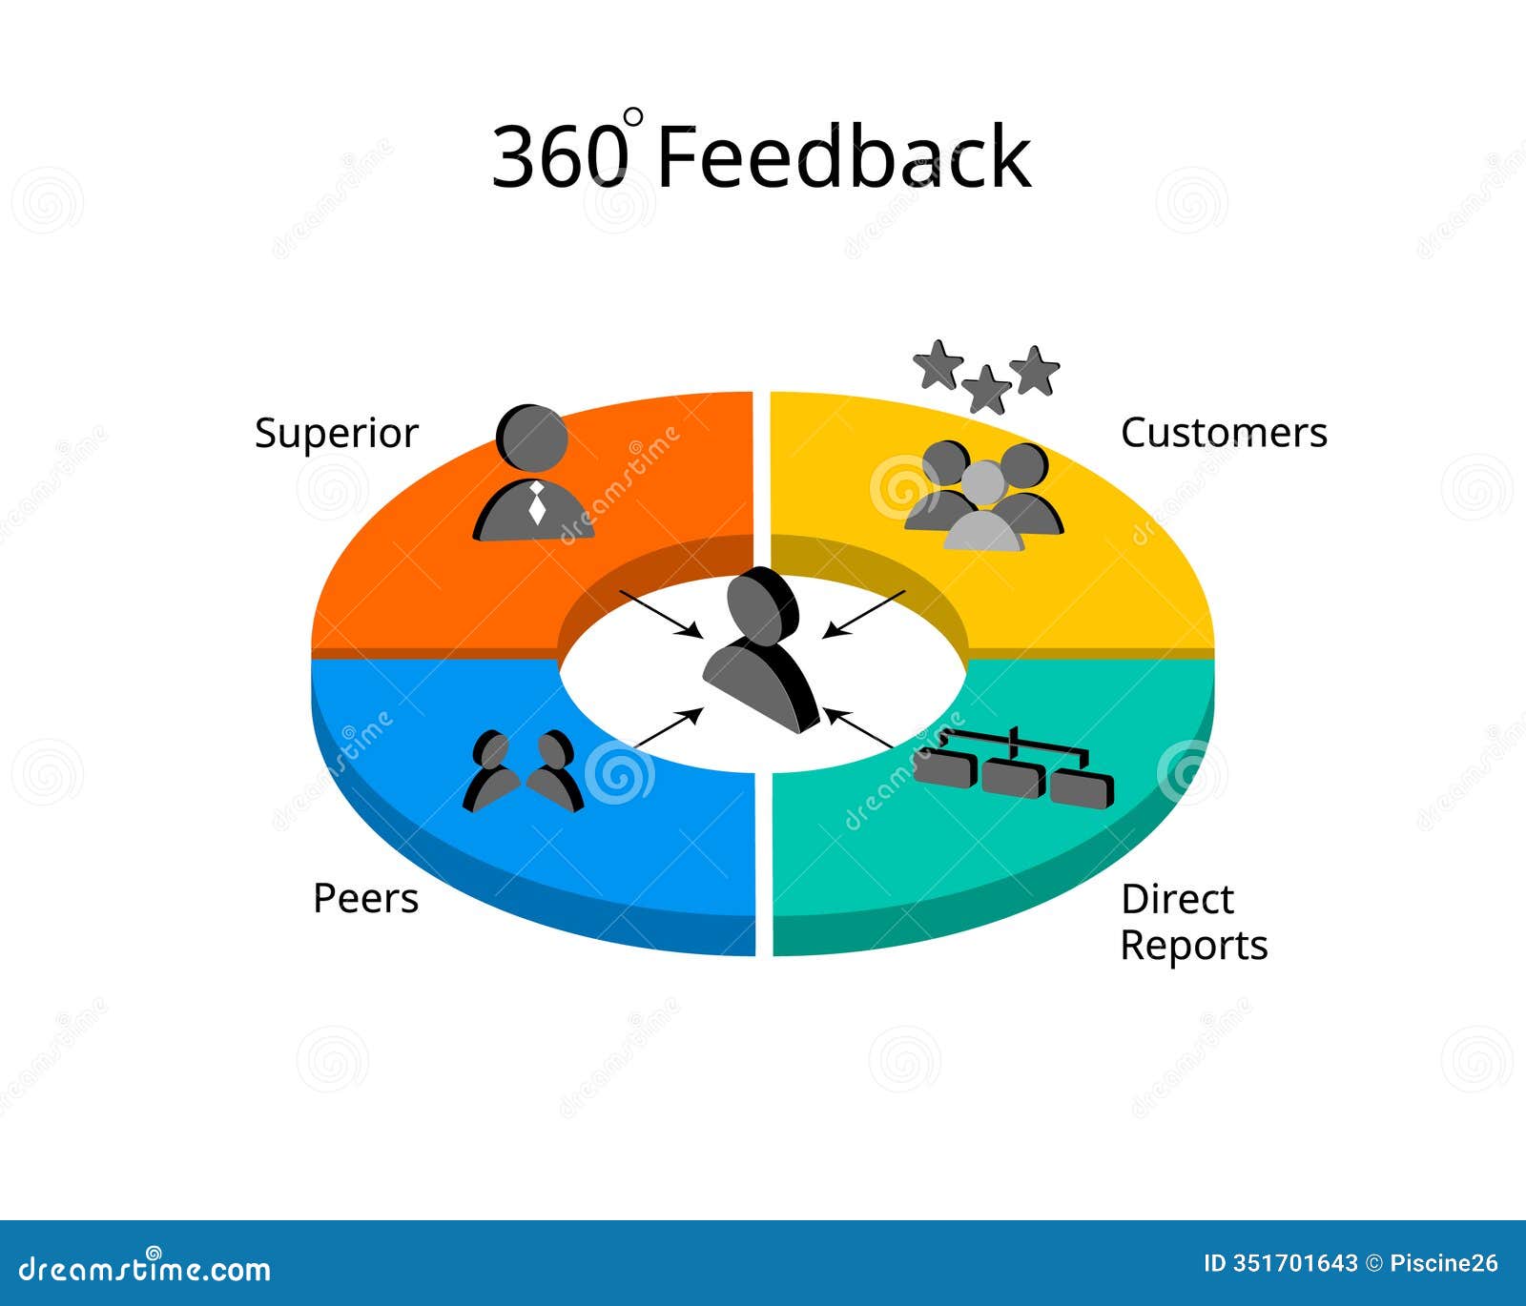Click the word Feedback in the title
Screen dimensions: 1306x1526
click(x=843, y=156)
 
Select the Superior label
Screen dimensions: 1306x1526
click(x=336, y=434)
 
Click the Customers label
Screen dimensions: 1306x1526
click(x=1224, y=433)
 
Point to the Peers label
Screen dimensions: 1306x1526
click(x=365, y=899)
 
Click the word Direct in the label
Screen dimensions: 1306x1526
click(x=1176, y=899)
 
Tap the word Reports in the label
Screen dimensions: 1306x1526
click(x=1193, y=946)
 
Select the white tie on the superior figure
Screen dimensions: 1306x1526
click(x=537, y=502)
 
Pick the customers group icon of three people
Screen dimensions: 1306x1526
click(x=984, y=497)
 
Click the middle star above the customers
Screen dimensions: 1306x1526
click(x=985, y=390)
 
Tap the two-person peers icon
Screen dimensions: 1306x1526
click(x=524, y=772)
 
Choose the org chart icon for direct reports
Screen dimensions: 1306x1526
click(x=1014, y=767)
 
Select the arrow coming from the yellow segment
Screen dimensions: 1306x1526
click(x=864, y=613)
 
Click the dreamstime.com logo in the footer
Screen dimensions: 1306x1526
click(x=145, y=1268)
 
